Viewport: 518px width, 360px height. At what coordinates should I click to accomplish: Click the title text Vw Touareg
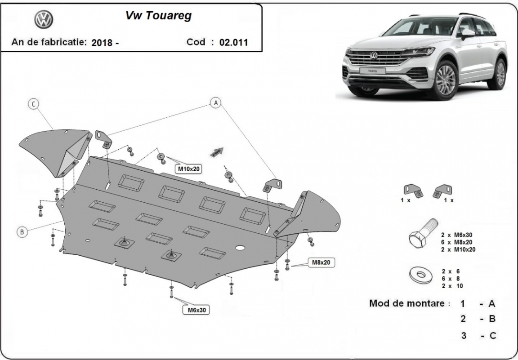(158, 16)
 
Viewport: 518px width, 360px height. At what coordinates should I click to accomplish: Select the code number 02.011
(233, 43)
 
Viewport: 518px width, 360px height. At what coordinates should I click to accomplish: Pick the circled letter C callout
(33, 104)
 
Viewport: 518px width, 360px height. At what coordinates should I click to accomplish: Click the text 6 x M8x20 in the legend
(457, 242)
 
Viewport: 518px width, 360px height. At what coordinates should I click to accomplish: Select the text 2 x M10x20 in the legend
(458, 249)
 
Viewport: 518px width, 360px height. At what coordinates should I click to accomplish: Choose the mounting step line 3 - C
(478, 335)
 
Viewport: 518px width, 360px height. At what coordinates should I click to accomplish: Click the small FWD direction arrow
(217, 152)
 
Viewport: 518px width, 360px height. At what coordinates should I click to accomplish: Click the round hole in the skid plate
(240, 248)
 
